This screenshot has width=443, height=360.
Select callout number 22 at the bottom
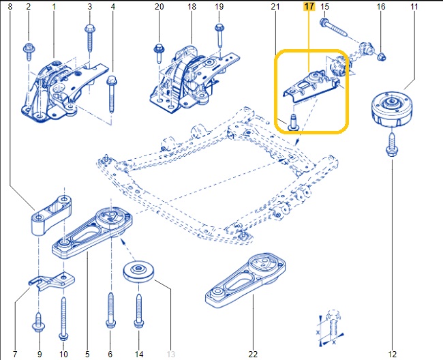click(254, 354)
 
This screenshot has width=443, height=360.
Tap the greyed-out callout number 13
click(171, 354)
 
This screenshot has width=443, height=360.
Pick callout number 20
click(159, 7)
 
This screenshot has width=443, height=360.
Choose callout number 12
click(393, 354)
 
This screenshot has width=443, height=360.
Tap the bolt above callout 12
click(393, 145)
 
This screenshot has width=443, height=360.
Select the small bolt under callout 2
click(29, 49)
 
